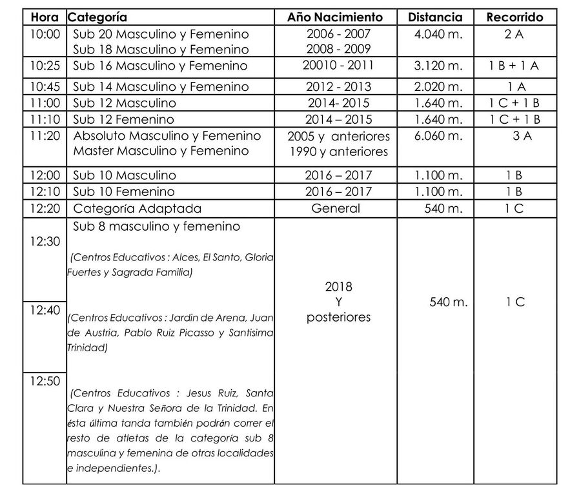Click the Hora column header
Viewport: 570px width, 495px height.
tap(44, 17)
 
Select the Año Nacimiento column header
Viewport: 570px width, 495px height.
tap(335, 17)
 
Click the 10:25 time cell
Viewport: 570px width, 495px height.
tap(44, 65)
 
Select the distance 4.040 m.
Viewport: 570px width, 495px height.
tap(439, 34)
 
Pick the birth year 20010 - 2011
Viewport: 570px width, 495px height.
tap(338, 65)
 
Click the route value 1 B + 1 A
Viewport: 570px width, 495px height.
tap(514, 65)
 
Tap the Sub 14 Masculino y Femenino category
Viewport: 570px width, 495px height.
tap(161, 86)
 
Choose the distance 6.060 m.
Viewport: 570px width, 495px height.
tap(439, 135)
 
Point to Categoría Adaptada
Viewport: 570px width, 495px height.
tap(137, 208)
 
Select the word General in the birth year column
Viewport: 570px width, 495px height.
tap(336, 208)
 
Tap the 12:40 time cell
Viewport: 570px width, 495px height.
tap(44, 310)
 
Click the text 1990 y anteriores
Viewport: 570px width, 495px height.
tap(339, 151)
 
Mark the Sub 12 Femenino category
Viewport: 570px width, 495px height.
tap(123, 119)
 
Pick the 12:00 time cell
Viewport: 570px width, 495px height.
tap(44, 175)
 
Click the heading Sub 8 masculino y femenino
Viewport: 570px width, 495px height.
tap(156, 226)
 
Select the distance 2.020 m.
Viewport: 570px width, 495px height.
tap(439, 86)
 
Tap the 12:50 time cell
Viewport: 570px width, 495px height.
tap(44, 381)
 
